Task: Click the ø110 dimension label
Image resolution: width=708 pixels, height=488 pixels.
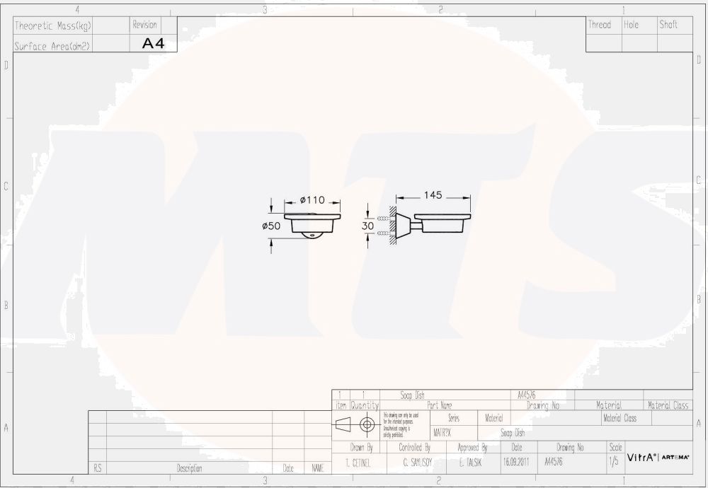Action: (313, 201)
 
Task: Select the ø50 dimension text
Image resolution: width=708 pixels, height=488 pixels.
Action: (272, 226)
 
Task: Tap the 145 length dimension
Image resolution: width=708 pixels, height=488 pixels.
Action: (433, 195)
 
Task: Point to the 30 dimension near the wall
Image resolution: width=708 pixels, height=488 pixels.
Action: (367, 225)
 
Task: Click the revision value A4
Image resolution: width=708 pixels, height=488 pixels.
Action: (153, 43)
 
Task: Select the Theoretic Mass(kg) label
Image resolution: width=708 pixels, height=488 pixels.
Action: (53, 25)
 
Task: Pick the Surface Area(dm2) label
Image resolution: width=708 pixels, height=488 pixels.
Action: (53, 46)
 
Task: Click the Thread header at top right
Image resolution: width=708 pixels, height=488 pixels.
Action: (599, 25)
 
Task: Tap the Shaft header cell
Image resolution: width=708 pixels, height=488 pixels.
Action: (668, 25)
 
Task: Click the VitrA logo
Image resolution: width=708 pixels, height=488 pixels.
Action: (641, 458)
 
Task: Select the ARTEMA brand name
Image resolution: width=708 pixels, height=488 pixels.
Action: (675, 458)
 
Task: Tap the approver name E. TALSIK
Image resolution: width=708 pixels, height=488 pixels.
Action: (471, 463)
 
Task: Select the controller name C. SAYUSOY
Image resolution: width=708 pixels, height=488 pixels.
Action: (415, 463)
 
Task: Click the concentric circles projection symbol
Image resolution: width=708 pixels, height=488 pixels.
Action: (367, 424)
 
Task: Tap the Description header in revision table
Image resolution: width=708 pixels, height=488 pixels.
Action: (189, 468)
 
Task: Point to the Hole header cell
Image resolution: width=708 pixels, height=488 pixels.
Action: (631, 25)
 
